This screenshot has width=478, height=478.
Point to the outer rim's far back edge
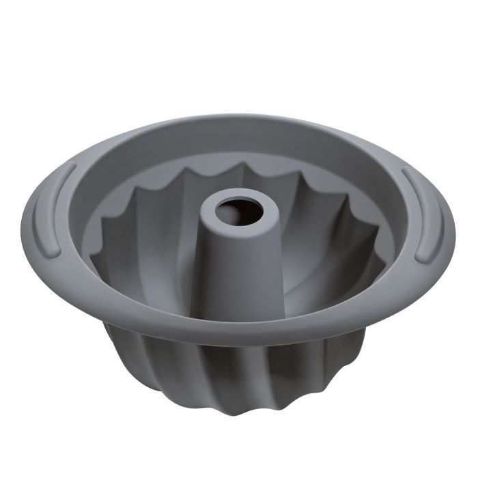[x=239, y=117]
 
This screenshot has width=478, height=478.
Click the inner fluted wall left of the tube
[x=150, y=253]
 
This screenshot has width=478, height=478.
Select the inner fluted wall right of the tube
[x=328, y=253]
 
